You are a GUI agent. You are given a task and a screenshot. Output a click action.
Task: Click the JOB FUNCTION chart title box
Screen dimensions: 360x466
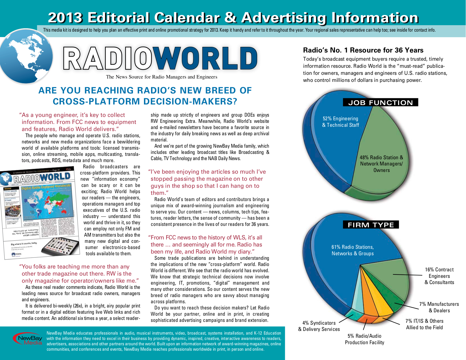pos(380,102)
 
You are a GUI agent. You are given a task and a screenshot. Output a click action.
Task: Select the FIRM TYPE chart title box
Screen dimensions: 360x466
pos(371,225)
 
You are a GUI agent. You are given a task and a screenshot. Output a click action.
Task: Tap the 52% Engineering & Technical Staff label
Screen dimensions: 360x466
pos(340,122)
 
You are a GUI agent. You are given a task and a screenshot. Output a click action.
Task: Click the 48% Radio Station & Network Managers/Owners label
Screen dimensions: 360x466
pos(381,164)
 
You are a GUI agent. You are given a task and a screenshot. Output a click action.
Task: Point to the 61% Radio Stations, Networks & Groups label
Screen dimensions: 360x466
pos(353,250)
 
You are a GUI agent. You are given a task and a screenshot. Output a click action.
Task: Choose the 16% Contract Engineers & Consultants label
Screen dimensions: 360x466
pos(439,276)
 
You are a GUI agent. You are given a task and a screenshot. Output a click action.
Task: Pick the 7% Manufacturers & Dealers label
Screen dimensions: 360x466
pos(439,307)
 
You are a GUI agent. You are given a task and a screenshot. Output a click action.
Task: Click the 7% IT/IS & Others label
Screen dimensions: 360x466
pos(424,324)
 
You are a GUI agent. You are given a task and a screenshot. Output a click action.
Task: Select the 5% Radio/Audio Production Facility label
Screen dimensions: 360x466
pos(364,339)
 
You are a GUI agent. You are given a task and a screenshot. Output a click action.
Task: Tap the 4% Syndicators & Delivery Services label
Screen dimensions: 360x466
pos(319,326)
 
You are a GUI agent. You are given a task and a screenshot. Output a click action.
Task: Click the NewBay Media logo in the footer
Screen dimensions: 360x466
pos(28,339)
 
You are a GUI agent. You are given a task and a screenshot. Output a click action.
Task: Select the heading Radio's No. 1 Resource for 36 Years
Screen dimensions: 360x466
pos(363,50)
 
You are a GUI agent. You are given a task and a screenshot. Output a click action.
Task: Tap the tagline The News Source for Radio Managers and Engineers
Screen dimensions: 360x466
pos(161,77)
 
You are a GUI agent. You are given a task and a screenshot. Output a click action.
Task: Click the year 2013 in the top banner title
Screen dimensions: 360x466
pos(65,18)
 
